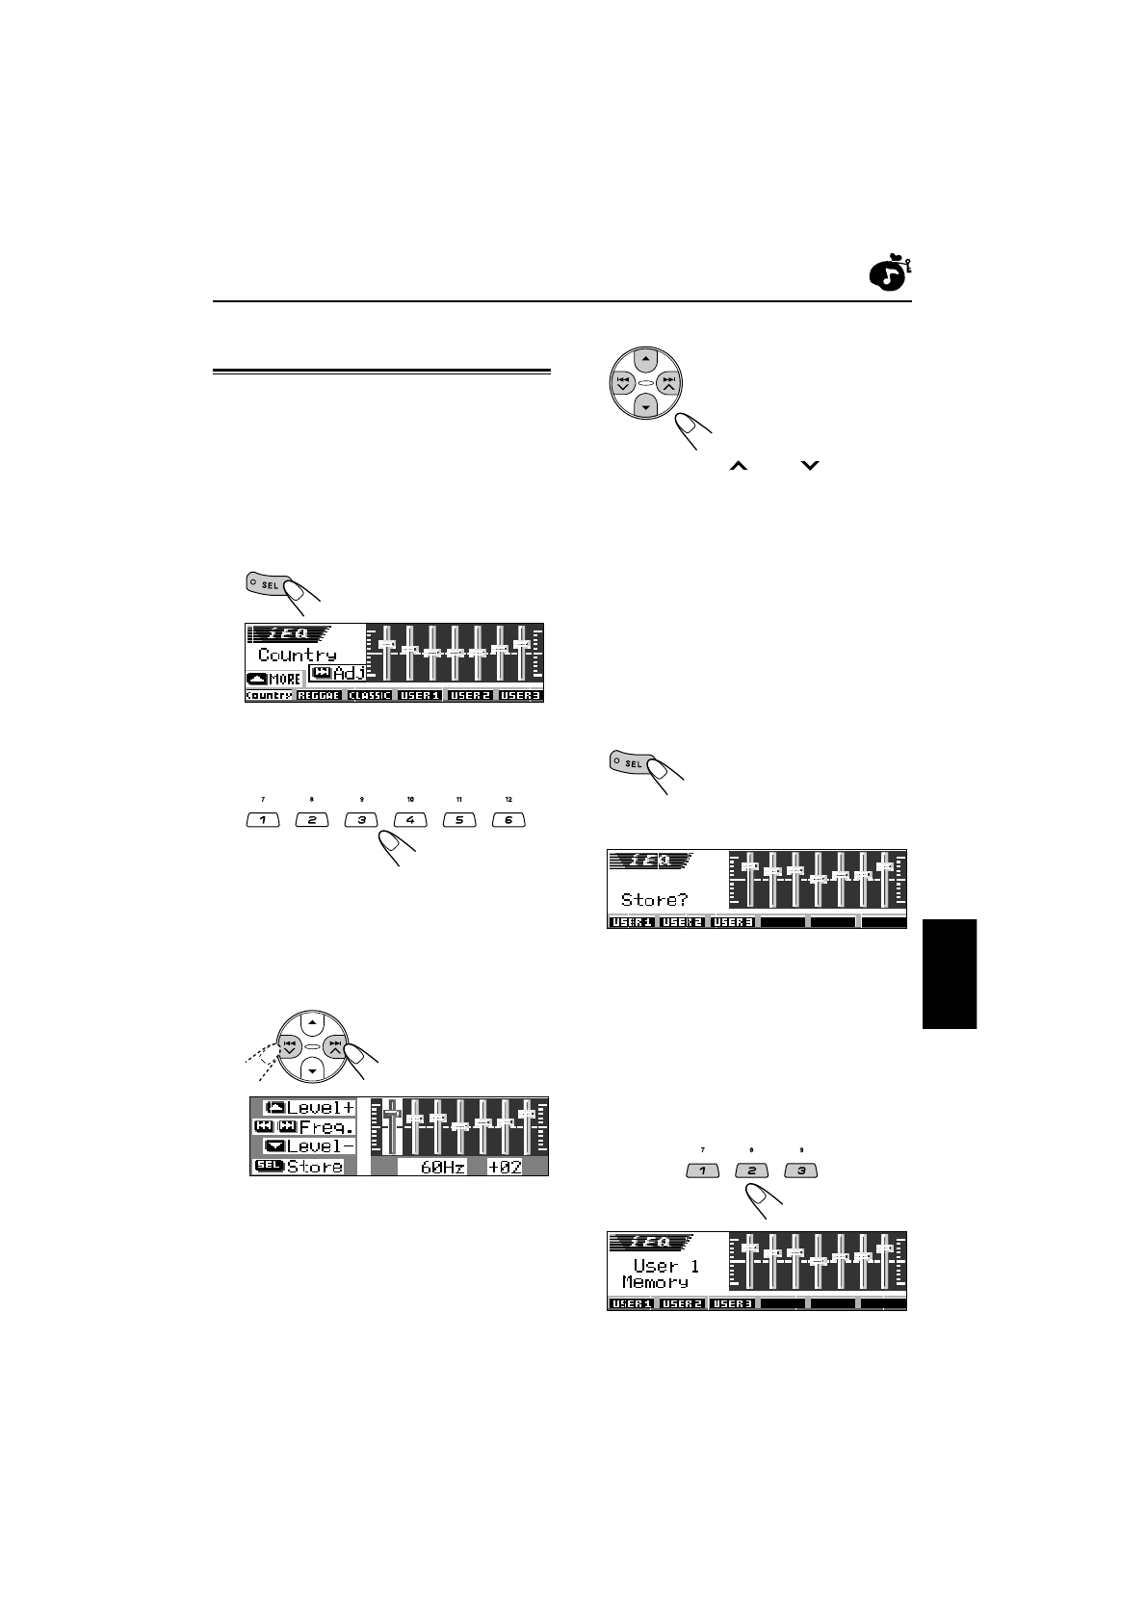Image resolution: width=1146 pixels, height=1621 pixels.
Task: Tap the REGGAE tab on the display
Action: pyautogui.click(x=319, y=695)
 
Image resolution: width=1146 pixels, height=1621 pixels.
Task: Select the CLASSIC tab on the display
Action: pyautogui.click(x=370, y=695)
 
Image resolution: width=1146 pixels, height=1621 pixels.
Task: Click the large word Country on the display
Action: pyautogui.click(x=298, y=655)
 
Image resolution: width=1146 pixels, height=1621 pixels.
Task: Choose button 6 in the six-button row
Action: pyautogui.click(x=508, y=820)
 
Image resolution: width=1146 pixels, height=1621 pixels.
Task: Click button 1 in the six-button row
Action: pyautogui.click(x=263, y=820)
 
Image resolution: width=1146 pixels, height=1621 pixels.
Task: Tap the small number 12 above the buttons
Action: pyautogui.click(x=508, y=800)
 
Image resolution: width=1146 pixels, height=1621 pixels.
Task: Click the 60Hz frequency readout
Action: pyautogui.click(x=443, y=1167)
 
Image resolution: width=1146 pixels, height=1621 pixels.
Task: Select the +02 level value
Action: pyautogui.click(x=505, y=1167)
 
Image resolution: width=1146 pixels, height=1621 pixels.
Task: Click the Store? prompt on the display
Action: pyautogui.click(x=655, y=900)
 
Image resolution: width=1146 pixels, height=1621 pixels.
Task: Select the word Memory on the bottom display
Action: pyautogui.click(x=655, y=1282)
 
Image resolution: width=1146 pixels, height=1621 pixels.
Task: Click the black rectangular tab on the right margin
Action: pyautogui.click(x=950, y=974)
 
